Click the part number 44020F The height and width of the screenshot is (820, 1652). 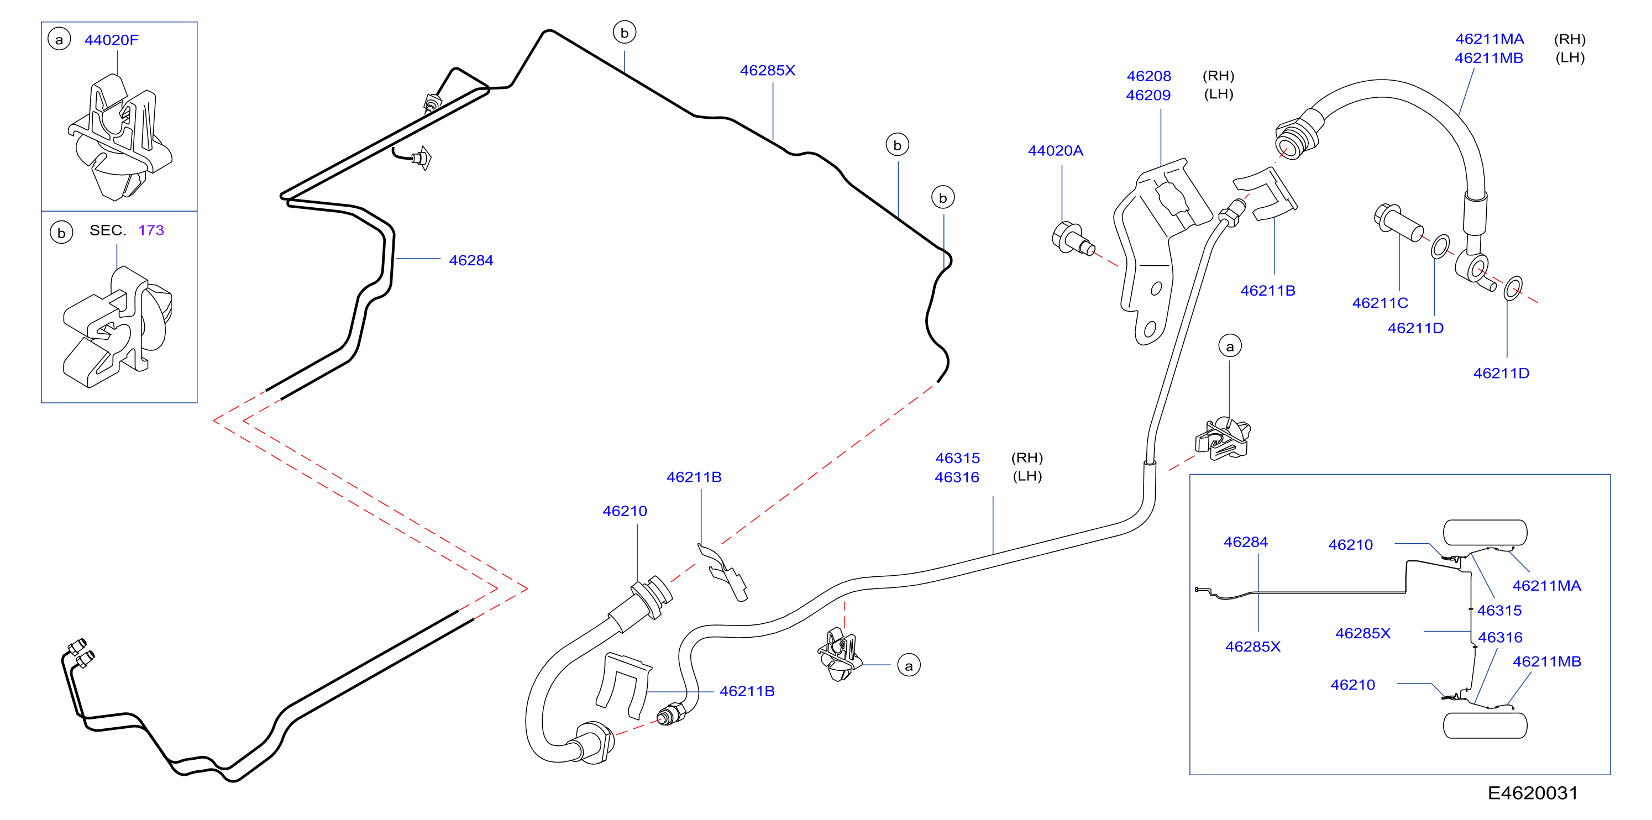[x=111, y=40]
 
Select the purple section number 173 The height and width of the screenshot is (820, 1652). [x=151, y=230]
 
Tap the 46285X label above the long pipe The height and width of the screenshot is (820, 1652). [x=768, y=71]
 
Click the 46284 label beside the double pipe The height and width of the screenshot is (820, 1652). [x=471, y=260]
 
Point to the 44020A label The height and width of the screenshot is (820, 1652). [x=1055, y=151]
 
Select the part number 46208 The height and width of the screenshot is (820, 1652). [x=1148, y=76]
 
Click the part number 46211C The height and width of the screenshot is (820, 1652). [x=1380, y=303]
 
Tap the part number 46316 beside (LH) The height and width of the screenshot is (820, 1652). [x=957, y=477]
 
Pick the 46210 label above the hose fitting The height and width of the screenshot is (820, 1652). [x=625, y=511]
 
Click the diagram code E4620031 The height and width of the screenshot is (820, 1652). [x=1533, y=793]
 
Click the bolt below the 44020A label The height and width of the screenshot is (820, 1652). [x=1073, y=240]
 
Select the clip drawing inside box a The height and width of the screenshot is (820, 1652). [x=120, y=136]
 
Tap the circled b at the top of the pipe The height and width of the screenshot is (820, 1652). [x=624, y=32]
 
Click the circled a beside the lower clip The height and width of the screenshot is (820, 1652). [x=909, y=665]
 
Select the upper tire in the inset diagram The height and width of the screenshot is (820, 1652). [x=1485, y=532]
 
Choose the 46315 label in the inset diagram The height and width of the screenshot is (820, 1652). [x=1499, y=611]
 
